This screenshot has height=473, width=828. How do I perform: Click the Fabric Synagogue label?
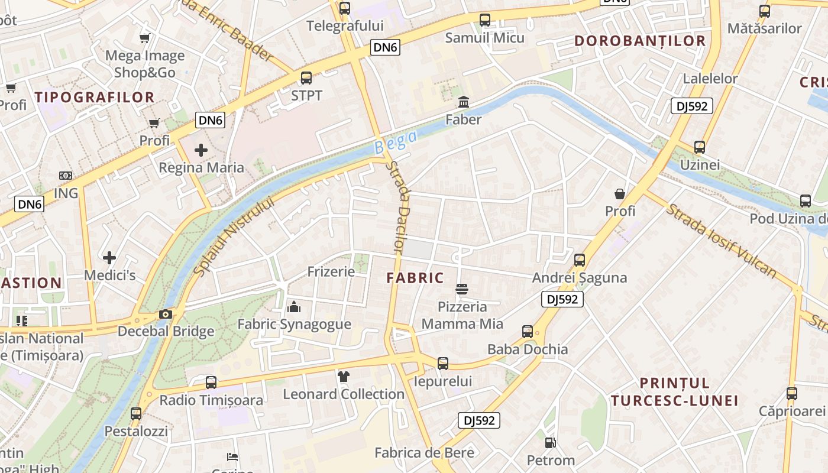[294, 324]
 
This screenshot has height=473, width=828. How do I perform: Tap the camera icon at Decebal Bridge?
[166, 314]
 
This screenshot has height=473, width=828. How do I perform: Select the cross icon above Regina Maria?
[201, 150]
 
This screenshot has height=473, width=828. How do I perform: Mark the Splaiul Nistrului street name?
[234, 236]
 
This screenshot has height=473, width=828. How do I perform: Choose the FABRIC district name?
[415, 278]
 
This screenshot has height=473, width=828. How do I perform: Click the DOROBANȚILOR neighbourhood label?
[640, 41]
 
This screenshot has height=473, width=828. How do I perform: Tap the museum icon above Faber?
[464, 102]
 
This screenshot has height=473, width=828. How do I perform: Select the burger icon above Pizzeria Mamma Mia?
[462, 289]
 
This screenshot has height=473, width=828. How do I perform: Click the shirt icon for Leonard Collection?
[344, 376]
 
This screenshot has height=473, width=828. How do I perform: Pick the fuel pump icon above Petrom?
[550, 442]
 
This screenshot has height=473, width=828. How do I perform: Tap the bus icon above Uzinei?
[700, 147]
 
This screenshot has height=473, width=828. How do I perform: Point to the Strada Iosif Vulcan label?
[721, 241]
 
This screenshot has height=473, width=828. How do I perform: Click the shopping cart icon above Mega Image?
[144, 38]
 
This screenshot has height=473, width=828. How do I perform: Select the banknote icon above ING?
[66, 176]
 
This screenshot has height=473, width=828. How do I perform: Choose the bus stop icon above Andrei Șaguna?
[580, 260]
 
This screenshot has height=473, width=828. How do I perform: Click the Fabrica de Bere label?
[424, 453]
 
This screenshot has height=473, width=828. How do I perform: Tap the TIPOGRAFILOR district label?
[95, 98]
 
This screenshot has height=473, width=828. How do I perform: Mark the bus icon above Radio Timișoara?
[211, 383]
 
